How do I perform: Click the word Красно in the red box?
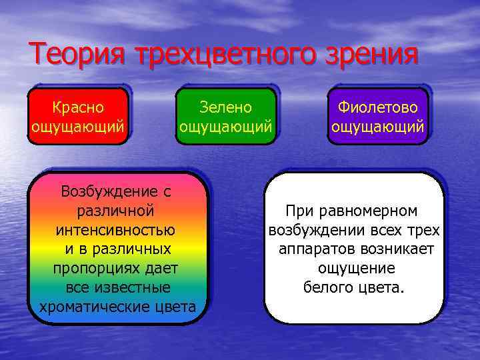(79, 107)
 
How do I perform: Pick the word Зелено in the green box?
(226, 107)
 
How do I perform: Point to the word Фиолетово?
(378, 107)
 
